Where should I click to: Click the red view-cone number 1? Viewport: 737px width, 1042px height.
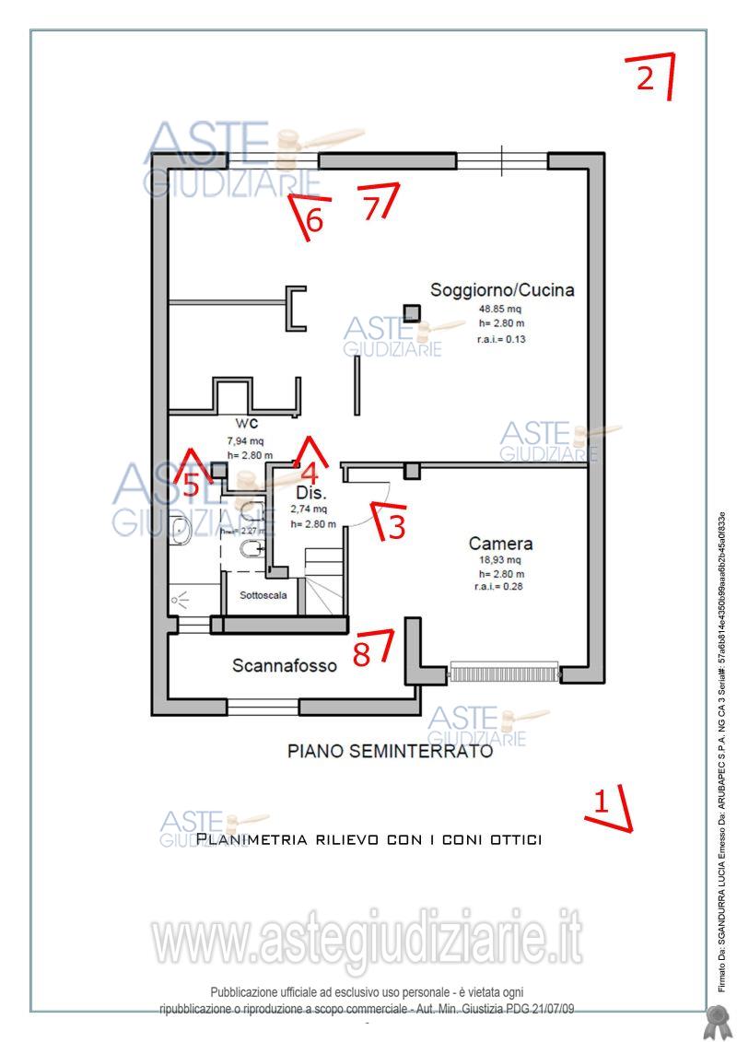tap(601, 801)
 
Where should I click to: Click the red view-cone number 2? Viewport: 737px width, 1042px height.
tap(646, 78)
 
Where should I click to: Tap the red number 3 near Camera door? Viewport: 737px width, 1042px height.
tap(395, 526)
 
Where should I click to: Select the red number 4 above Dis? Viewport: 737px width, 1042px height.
tap(310, 474)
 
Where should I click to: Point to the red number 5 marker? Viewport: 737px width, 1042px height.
tap(191, 483)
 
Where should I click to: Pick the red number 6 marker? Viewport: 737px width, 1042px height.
tap(314, 221)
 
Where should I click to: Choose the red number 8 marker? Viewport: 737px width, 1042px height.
tap(363, 651)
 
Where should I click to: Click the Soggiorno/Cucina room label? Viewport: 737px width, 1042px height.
tap(502, 290)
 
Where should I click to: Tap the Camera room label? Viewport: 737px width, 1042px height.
tap(500, 544)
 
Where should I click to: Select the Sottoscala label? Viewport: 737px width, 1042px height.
tap(263, 595)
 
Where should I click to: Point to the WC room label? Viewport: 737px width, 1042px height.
tap(246, 424)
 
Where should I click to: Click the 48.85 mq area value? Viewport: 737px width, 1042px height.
tap(499, 309)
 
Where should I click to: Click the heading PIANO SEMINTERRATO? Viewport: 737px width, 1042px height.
tap(390, 752)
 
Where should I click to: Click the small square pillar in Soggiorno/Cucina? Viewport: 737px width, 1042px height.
tap(412, 312)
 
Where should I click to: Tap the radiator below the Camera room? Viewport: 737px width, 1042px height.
tap(505, 671)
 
